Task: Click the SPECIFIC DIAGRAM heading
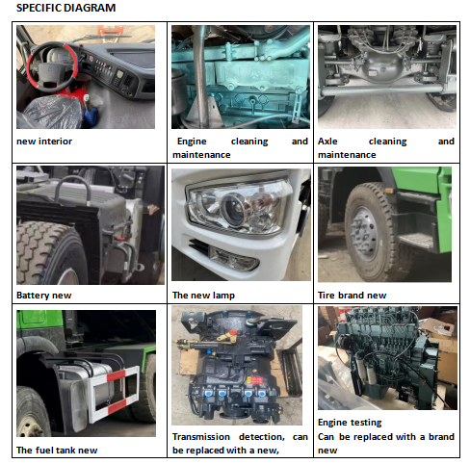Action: click(x=65, y=8)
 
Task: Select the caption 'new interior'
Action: click(x=44, y=142)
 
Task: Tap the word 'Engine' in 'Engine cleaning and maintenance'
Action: click(x=192, y=142)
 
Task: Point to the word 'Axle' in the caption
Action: click(x=327, y=142)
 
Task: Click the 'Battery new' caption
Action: click(x=43, y=296)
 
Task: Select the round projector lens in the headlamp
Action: click(x=233, y=209)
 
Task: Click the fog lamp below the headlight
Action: click(x=234, y=259)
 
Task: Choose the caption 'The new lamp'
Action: click(x=203, y=296)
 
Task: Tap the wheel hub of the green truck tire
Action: click(x=364, y=234)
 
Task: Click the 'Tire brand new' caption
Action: click(x=352, y=296)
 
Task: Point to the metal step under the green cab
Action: click(x=417, y=240)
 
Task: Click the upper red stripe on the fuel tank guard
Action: click(x=117, y=375)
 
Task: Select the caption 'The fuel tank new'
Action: click(x=57, y=451)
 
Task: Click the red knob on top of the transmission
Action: click(x=233, y=332)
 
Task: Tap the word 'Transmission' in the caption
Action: click(x=201, y=437)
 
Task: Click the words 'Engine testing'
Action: click(x=350, y=423)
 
